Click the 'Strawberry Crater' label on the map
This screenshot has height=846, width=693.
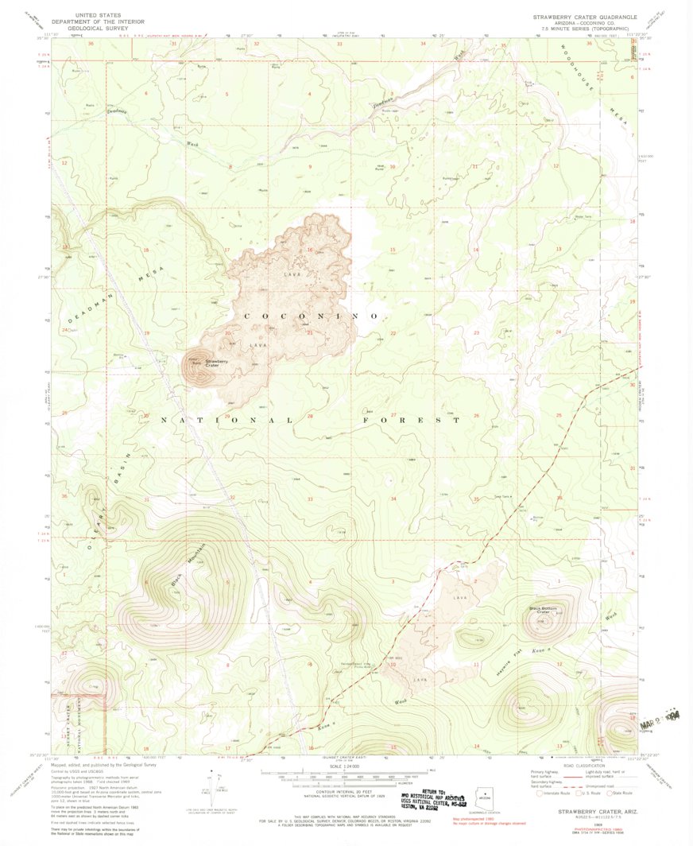tap(217, 363)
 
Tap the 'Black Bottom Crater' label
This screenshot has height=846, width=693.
tap(544, 610)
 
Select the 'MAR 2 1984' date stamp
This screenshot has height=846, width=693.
tap(653, 718)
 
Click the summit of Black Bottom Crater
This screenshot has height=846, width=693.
tap(542, 624)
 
